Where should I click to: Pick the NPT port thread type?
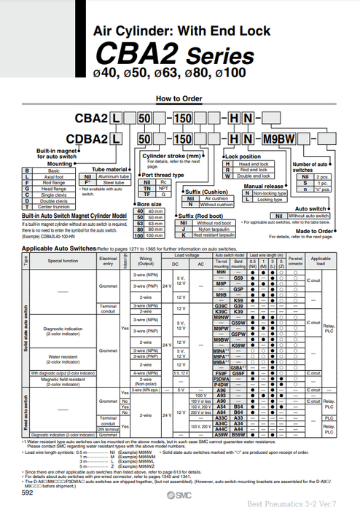tap(163, 188)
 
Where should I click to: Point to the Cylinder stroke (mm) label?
tap(171, 156)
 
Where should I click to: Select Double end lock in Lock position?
tap(254, 176)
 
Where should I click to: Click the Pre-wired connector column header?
tap(295, 259)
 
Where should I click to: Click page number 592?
tap(28, 493)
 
